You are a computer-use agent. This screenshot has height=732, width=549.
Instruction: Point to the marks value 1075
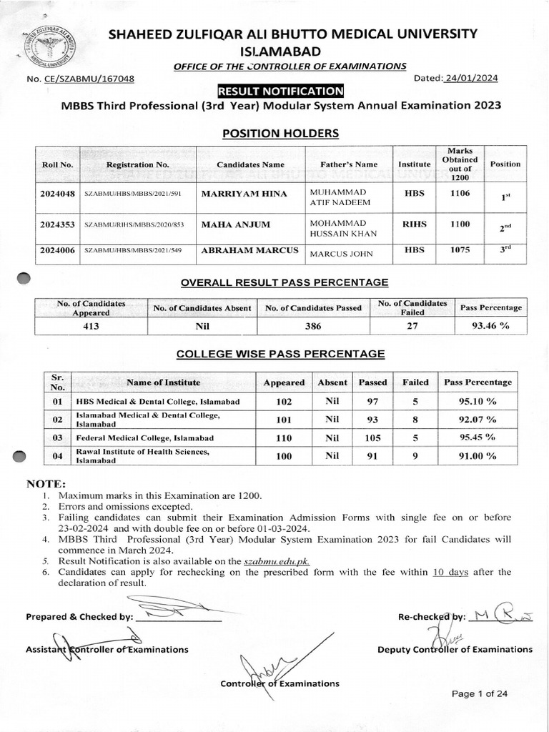tap(460, 251)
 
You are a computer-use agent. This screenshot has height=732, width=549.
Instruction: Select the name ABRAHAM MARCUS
tap(241, 252)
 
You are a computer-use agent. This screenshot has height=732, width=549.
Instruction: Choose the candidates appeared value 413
tap(91, 325)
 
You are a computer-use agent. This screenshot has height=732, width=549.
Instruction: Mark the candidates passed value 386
tap(313, 325)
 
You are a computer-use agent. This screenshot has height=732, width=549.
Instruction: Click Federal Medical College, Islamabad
tap(145, 437)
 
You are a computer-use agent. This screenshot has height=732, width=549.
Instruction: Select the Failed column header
tap(415, 382)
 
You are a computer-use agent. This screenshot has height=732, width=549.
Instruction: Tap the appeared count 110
tap(284, 437)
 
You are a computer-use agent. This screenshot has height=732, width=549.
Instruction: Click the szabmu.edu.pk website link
tap(285, 563)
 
